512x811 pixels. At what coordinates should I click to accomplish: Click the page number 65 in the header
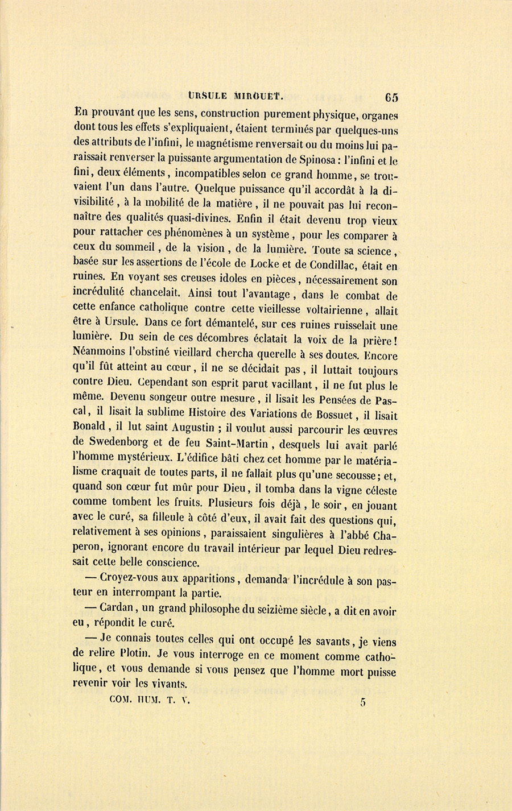coord(391,97)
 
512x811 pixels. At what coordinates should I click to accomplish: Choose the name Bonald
coord(89,427)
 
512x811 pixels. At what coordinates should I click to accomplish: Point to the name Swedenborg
coord(118,442)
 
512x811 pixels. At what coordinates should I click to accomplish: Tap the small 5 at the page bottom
coord(362,702)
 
